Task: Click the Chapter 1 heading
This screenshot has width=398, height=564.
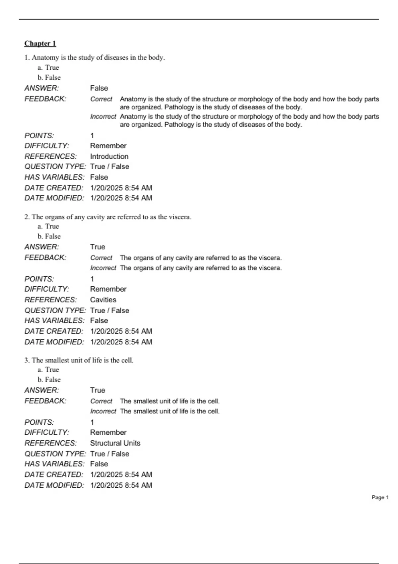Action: [x=40, y=43]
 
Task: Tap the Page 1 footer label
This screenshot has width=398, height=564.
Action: [x=380, y=497]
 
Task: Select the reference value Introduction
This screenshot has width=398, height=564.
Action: [x=109, y=156]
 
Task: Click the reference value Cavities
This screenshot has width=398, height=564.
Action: [x=103, y=300]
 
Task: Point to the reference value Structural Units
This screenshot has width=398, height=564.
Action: [x=115, y=443]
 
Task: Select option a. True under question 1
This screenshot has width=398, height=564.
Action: [x=48, y=67]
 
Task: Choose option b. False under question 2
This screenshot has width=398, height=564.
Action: [x=49, y=236]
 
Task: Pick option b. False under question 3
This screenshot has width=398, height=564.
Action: [x=49, y=380]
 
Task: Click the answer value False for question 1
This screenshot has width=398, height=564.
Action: [x=99, y=88]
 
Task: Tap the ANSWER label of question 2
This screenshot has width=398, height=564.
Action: [x=42, y=247]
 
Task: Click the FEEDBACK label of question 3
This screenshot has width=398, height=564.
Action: [x=45, y=401]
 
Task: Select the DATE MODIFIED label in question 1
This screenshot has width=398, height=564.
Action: [x=54, y=198]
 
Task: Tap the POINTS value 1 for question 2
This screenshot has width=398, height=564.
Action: [x=92, y=279]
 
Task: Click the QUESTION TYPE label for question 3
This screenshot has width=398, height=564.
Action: [x=55, y=454]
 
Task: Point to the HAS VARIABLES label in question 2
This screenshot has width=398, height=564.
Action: [x=54, y=320]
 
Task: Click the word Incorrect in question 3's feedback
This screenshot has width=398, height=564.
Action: [x=103, y=411]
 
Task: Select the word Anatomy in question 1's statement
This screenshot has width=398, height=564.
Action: [x=45, y=57]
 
